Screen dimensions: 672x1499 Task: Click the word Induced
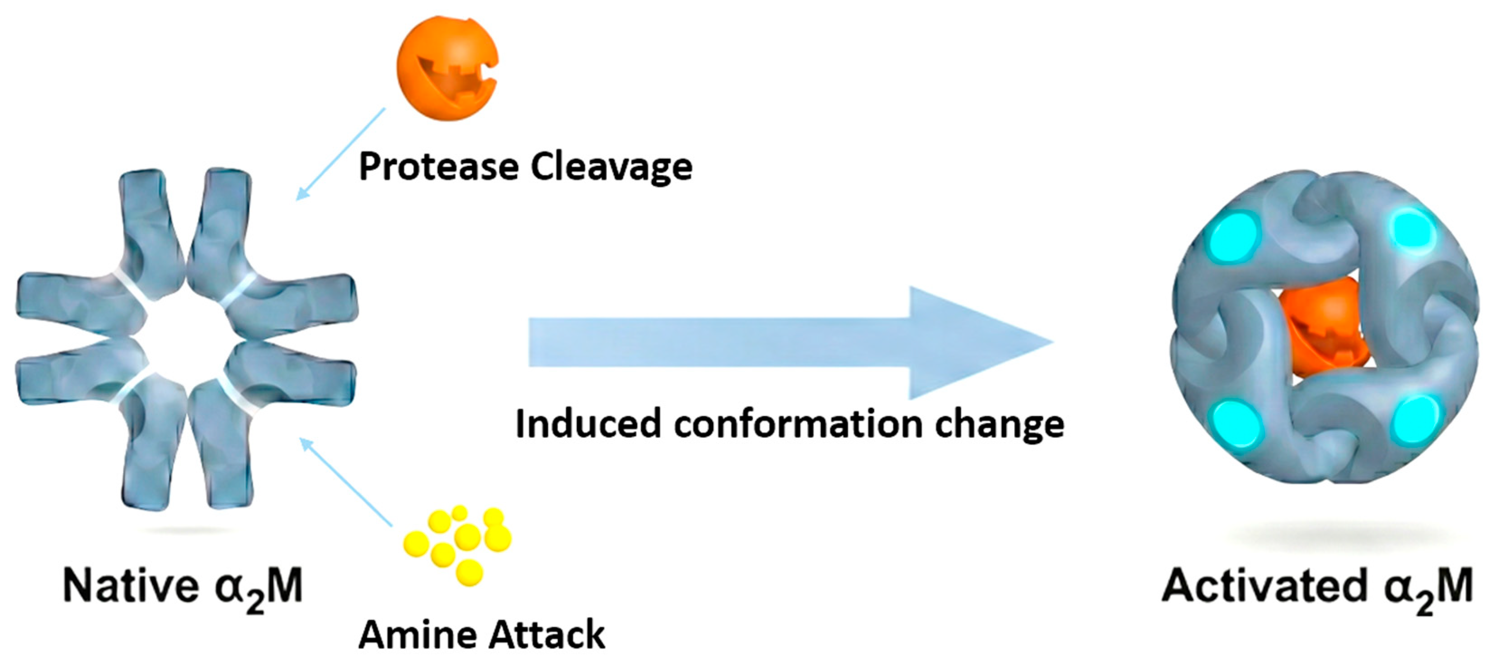click(x=588, y=423)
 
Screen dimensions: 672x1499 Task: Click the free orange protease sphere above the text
click(x=447, y=68)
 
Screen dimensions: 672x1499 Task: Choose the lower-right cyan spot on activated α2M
click(x=1415, y=419)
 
